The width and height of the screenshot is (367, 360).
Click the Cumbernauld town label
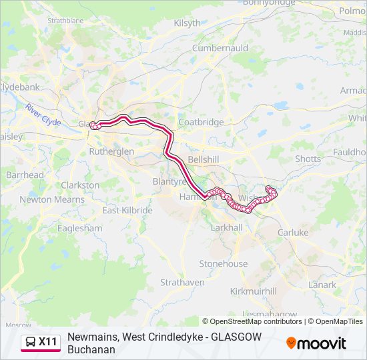point(220,49)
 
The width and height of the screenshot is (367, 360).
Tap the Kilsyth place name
point(187,23)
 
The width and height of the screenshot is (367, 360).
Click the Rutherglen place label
point(111,151)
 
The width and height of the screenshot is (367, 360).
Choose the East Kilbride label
point(127,211)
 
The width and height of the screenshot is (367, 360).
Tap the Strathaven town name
point(182,282)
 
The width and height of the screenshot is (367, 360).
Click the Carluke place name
point(293,233)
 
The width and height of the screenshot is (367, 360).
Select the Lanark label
point(322,285)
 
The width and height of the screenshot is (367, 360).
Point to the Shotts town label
point(308,159)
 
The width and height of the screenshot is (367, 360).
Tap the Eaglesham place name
point(80,228)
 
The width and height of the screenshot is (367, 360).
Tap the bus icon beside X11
point(31,342)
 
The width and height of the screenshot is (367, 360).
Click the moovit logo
point(316,343)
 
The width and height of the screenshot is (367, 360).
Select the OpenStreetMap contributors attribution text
point(256,321)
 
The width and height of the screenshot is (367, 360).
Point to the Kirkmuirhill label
point(253,291)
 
